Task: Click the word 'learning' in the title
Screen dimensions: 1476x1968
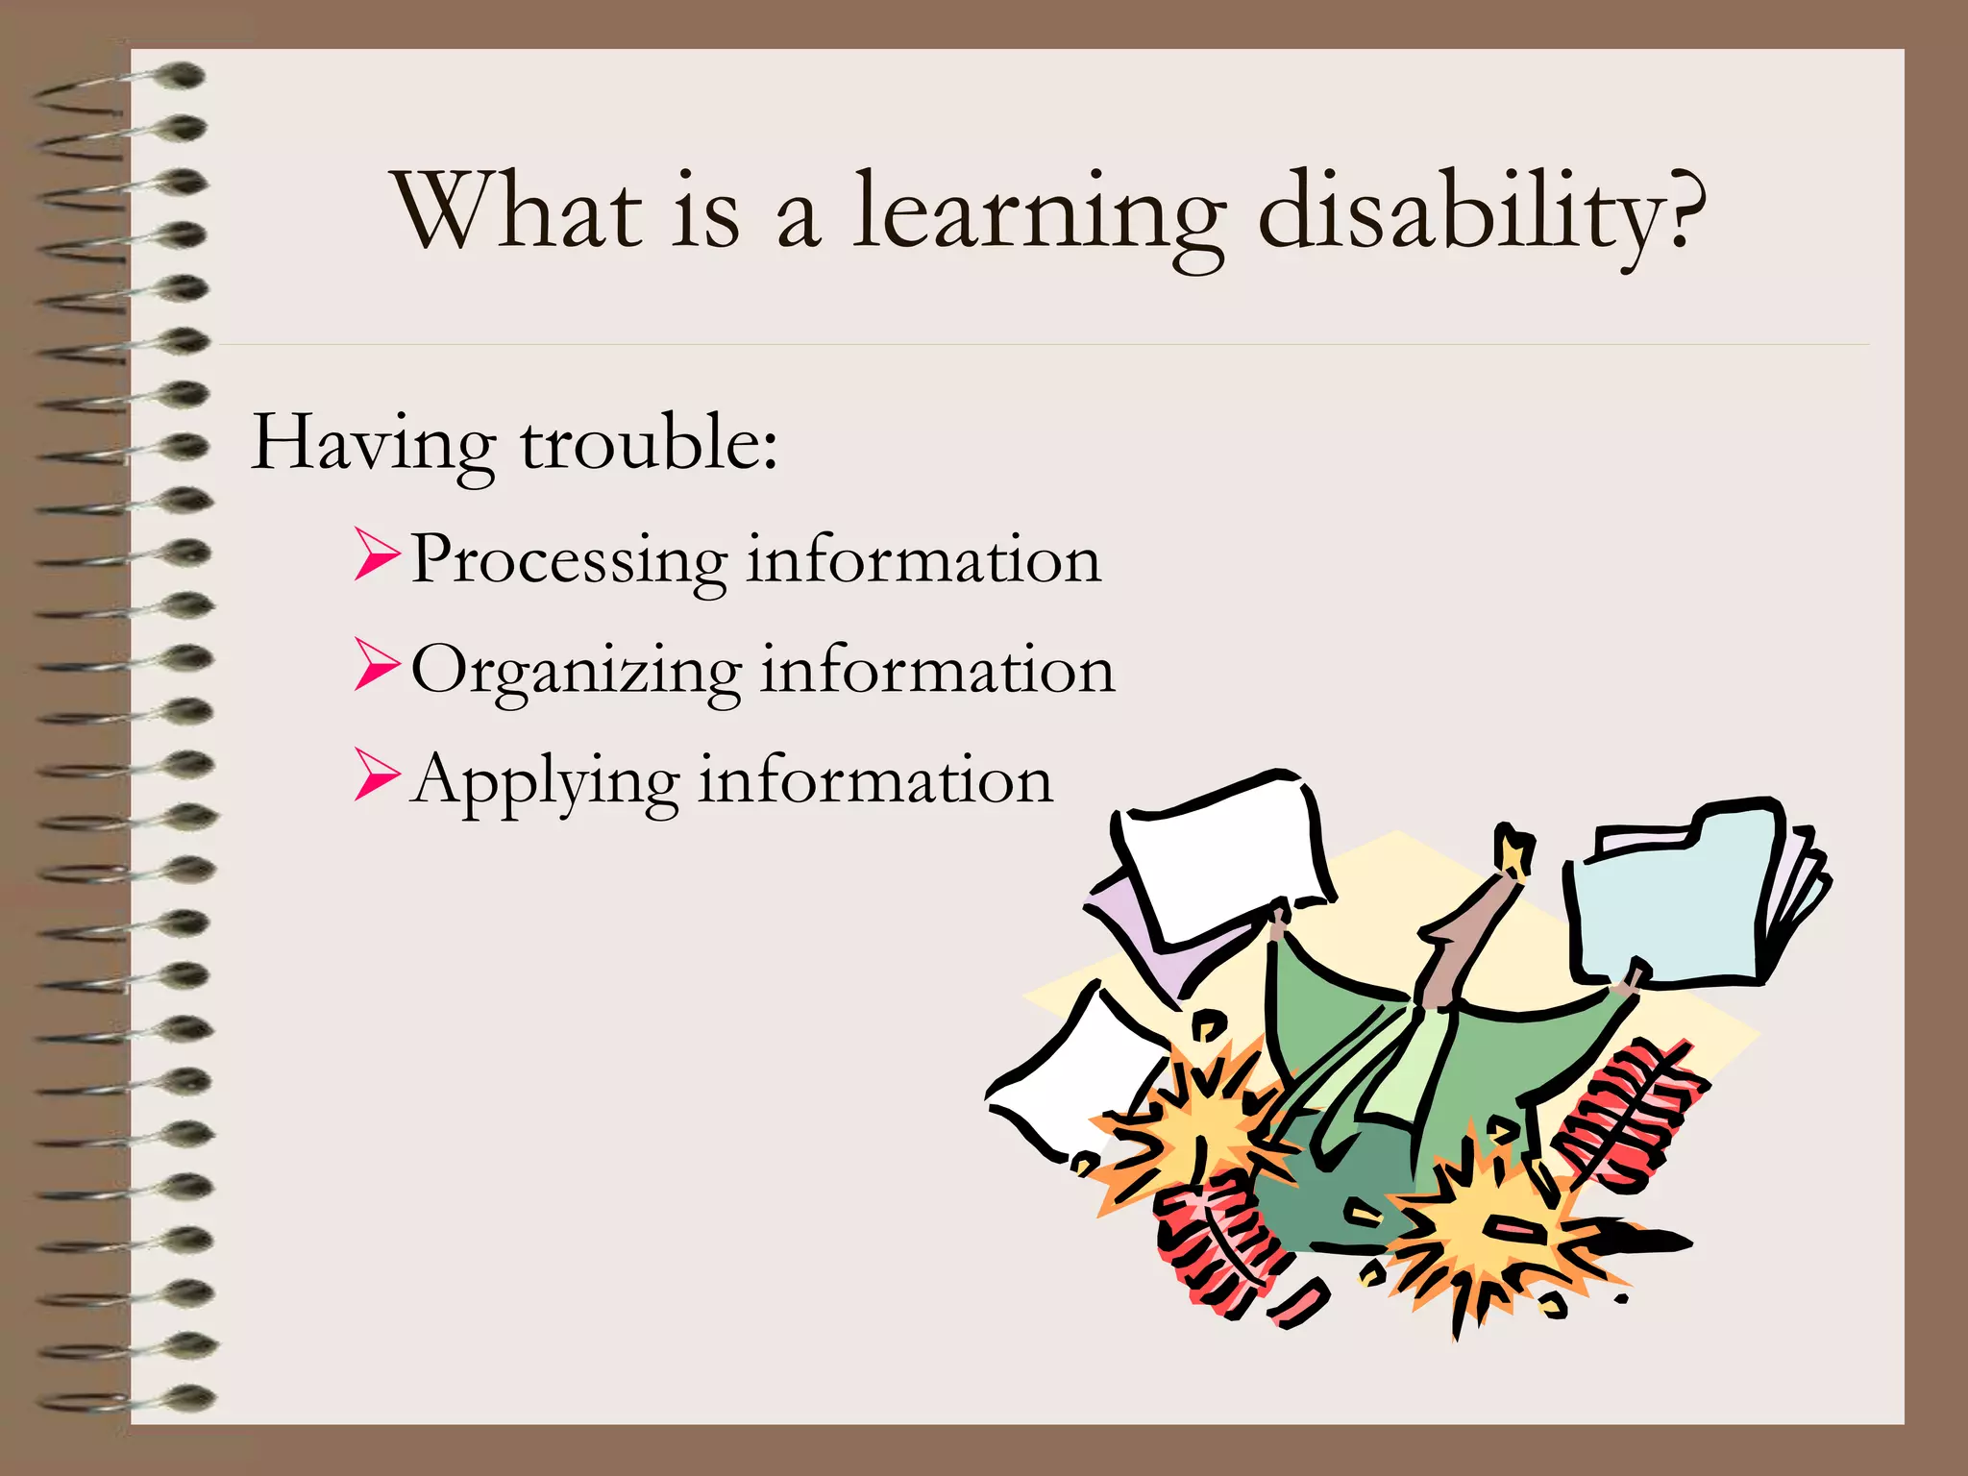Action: click(x=1038, y=213)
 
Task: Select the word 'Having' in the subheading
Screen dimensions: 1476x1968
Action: click(x=373, y=444)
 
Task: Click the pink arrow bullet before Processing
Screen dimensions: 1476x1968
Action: click(x=376, y=554)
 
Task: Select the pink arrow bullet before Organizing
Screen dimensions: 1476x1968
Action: click(x=376, y=665)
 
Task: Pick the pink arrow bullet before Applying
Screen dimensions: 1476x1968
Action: click(x=376, y=775)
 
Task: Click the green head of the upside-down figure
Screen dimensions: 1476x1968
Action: click(x=1345, y=1192)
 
